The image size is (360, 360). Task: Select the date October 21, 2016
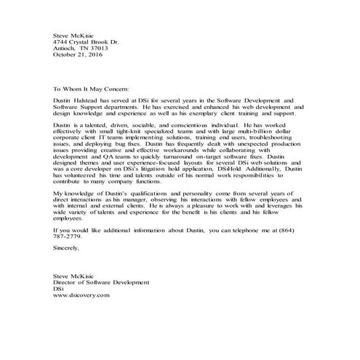(79, 54)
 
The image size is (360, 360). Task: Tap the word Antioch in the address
(66, 47)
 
